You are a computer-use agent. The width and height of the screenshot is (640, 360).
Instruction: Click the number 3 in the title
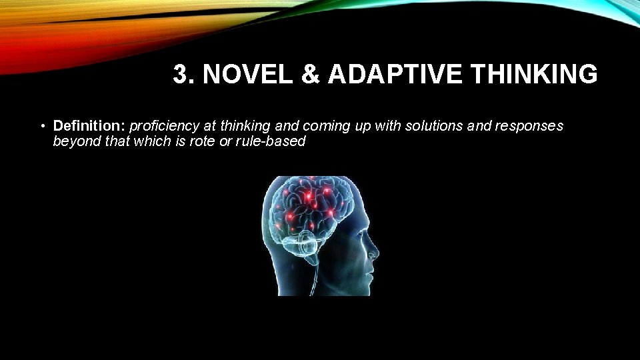[179, 75]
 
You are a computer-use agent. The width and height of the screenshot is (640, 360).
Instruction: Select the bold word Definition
[89, 125]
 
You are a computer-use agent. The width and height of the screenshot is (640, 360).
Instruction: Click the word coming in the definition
[326, 125]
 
